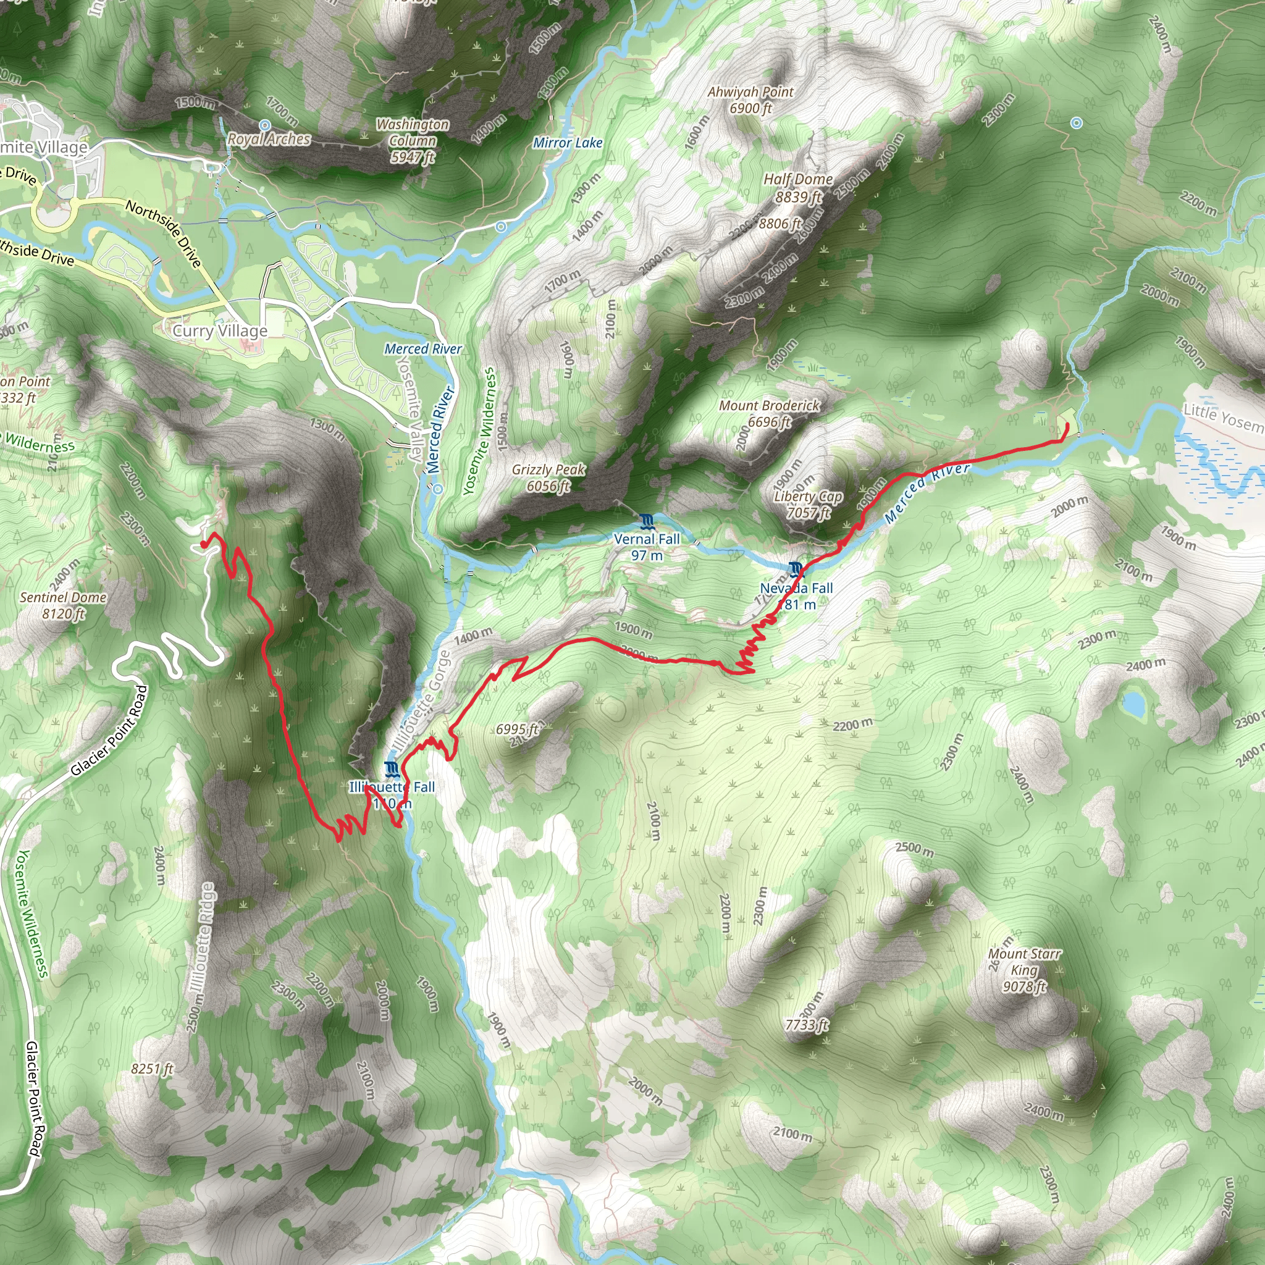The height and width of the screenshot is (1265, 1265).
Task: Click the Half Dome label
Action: click(798, 187)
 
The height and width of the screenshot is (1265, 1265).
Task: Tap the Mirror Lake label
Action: click(568, 143)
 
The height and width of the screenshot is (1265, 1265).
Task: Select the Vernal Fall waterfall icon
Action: click(647, 522)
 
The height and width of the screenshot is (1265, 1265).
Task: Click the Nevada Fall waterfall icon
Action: click(796, 568)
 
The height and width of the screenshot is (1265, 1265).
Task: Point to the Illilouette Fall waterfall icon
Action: click(392, 768)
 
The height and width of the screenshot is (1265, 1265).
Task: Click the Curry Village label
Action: click(220, 330)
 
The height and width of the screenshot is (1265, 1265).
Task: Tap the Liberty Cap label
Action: click(808, 504)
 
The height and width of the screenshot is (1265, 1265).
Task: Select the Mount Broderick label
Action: click(770, 413)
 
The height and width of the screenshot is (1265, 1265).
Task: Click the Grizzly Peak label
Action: click(548, 477)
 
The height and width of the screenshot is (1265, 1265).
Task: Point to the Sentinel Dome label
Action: click(63, 605)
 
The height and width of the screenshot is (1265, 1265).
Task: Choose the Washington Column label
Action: click(413, 140)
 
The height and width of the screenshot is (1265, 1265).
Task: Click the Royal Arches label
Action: click(269, 140)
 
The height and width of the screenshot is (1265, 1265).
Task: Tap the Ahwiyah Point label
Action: click(750, 99)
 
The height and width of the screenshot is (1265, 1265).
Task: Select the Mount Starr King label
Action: click(1024, 970)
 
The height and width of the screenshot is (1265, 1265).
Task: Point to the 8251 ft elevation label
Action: click(152, 1069)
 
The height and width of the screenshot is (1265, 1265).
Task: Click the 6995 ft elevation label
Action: click(516, 729)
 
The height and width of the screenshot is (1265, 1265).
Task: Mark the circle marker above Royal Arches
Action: click(264, 124)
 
